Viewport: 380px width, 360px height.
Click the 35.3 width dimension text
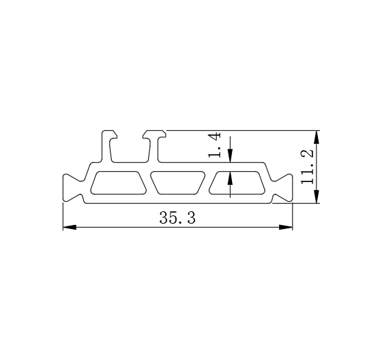click(x=177, y=217)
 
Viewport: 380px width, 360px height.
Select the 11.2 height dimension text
click(x=307, y=166)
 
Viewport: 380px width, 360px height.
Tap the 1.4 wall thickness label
click(x=214, y=145)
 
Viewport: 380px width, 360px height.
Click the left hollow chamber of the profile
click(x=118, y=183)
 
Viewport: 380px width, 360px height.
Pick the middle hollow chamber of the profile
click(x=177, y=183)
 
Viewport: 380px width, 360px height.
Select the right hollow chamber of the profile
click(x=237, y=183)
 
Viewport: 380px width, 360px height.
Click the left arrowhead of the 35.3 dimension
click(x=70, y=227)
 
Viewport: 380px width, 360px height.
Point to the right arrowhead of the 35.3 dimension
click(x=286, y=227)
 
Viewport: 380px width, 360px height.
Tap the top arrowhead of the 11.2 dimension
click(x=317, y=137)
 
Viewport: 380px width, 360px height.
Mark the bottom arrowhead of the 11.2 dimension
click(x=317, y=196)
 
